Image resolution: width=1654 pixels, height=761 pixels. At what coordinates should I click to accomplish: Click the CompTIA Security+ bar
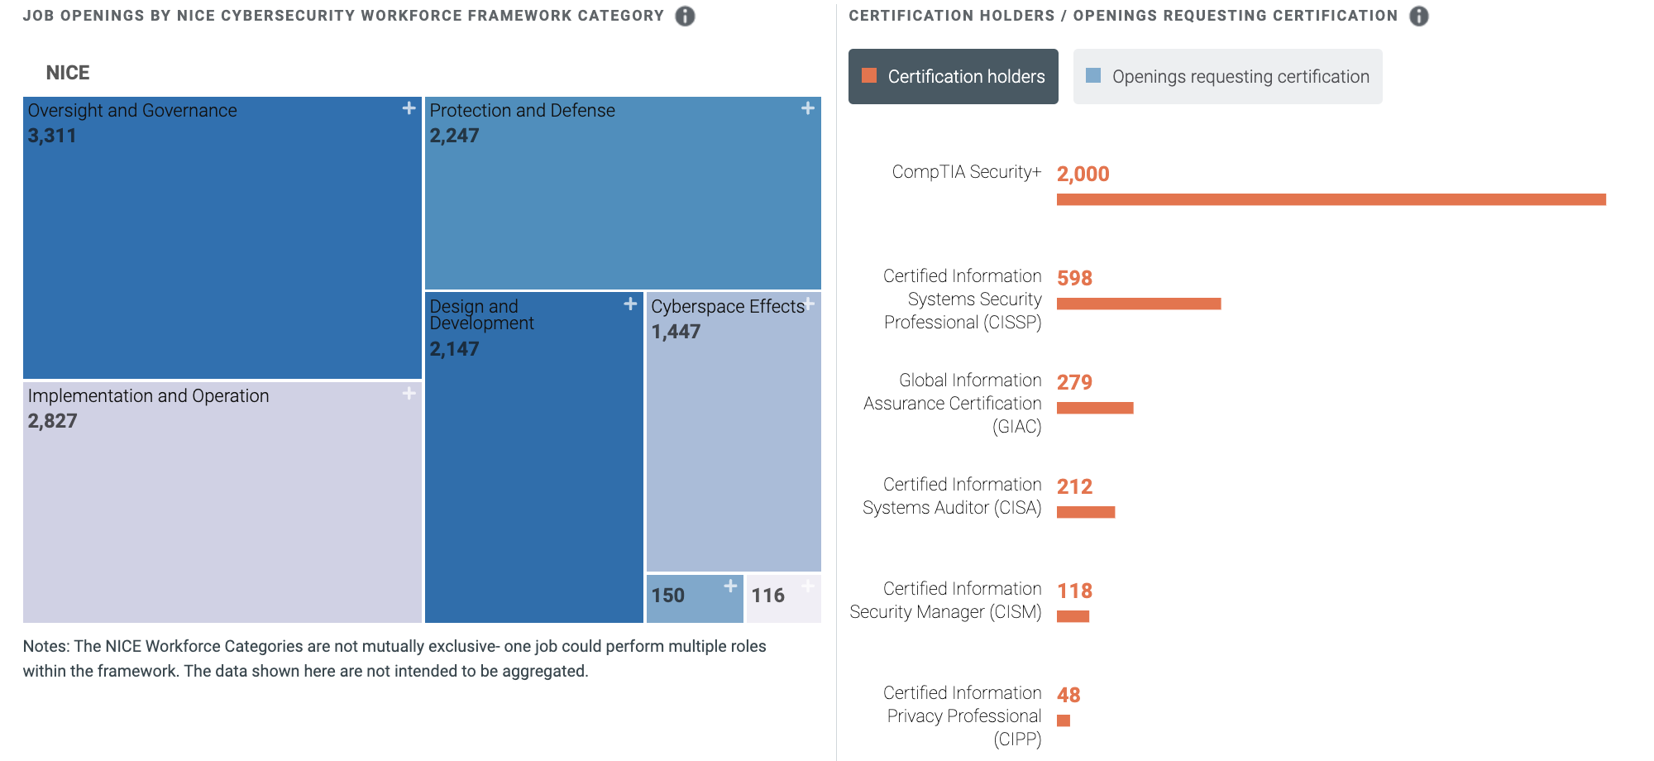pos(1331,199)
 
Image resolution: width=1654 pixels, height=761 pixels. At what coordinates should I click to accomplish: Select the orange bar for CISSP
pos(1139,304)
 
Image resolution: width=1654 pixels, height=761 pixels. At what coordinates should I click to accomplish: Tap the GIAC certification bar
pos(1095,408)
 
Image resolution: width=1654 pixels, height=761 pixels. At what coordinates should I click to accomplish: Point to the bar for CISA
pos(1086,512)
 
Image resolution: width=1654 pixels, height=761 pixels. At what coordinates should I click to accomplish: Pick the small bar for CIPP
pos(1064,720)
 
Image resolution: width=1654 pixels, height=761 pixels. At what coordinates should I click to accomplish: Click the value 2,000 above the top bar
pos(1083,174)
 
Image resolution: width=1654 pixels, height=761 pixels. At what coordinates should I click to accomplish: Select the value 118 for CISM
pos(1074,591)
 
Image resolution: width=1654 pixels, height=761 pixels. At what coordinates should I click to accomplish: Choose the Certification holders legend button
pos(953,76)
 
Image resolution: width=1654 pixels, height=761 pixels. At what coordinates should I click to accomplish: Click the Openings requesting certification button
pos(1227,76)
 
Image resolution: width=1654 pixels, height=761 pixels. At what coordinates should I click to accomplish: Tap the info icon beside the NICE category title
pos(685,16)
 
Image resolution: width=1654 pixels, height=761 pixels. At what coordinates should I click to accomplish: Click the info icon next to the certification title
pos(1419,16)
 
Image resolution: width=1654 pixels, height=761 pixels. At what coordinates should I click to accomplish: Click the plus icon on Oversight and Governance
pos(409,108)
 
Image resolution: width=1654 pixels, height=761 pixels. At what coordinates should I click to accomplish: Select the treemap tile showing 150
pos(695,598)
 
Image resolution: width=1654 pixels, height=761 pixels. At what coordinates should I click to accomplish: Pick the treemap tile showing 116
pos(783,598)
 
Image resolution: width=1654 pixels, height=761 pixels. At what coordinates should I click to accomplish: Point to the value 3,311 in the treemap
pos(52,136)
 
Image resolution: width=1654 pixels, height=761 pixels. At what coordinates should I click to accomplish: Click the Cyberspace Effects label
pos(728,307)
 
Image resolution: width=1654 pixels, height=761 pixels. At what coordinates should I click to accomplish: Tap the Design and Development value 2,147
pos(454,349)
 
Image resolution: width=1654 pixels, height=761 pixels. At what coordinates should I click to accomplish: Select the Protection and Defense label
pos(522,111)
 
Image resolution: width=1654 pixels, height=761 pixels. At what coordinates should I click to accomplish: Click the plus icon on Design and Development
pos(630,304)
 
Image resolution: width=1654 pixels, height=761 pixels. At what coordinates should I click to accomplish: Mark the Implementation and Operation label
pos(148,396)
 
